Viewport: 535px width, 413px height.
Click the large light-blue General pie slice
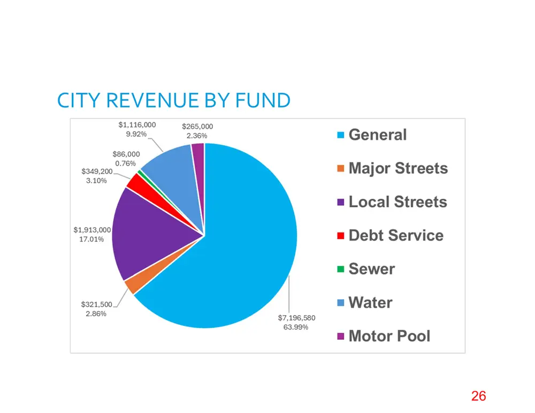coord(239,245)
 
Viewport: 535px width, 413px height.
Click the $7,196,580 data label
coord(296,317)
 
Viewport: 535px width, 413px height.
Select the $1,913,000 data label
coord(92,230)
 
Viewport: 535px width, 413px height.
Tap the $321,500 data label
coord(96,305)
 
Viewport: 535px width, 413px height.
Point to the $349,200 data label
coord(97,171)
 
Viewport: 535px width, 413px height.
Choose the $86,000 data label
coord(126,154)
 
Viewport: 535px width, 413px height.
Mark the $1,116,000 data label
coord(137,124)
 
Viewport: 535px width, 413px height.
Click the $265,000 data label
coord(197,127)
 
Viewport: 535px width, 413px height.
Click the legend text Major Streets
coord(398,168)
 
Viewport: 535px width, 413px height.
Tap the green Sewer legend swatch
coord(340,269)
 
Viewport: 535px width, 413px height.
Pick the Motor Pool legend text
coord(389,336)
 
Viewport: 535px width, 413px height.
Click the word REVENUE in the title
coord(152,100)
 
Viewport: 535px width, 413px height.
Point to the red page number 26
coord(479,396)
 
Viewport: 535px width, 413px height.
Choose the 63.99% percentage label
coord(296,327)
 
